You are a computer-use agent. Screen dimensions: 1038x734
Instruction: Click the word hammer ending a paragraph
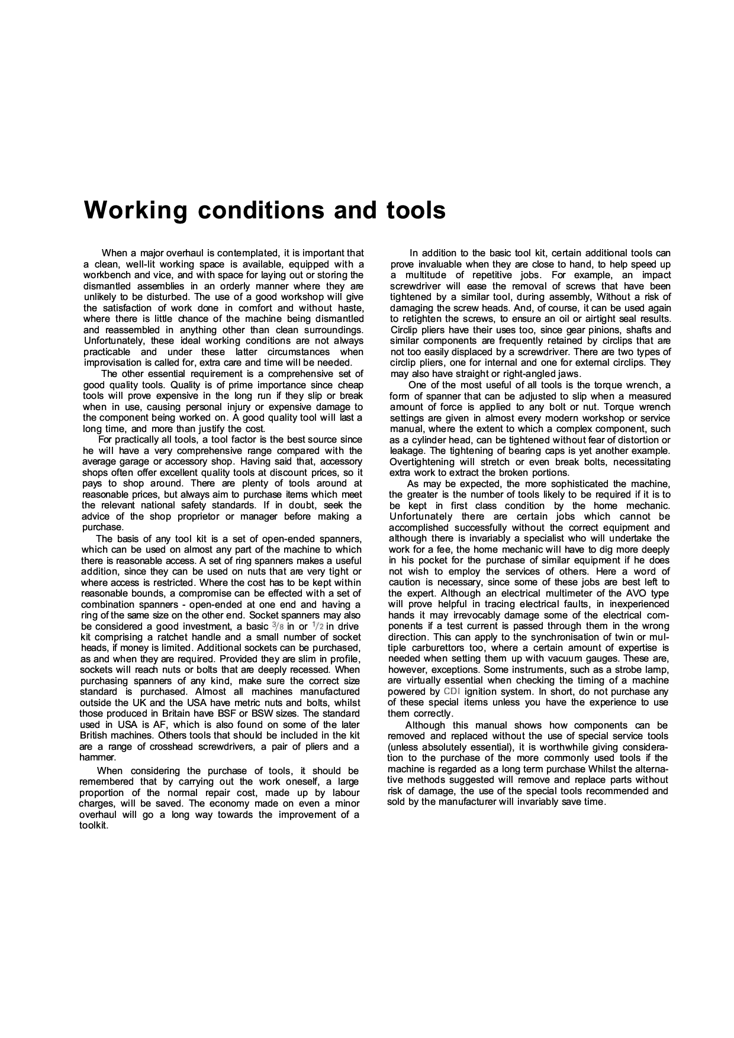pos(96,757)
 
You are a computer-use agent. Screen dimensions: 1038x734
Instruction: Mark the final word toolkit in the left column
pos(94,826)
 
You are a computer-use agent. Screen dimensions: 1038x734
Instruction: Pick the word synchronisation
pos(545,637)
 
